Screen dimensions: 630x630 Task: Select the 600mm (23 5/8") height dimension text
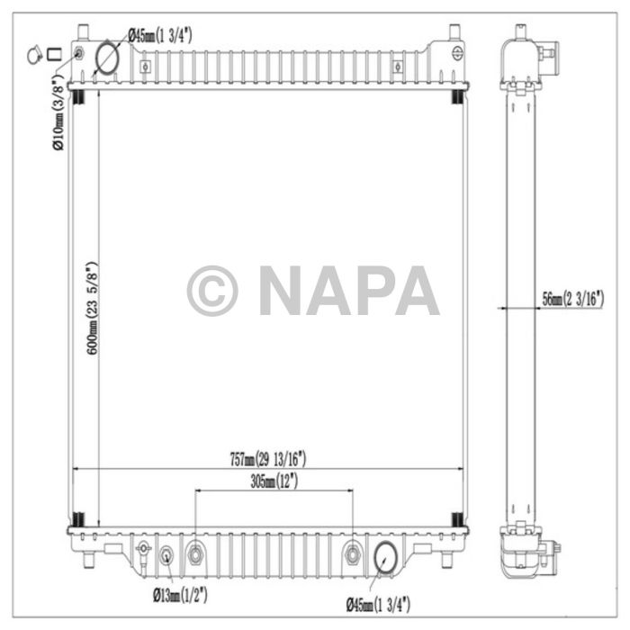coord(91,309)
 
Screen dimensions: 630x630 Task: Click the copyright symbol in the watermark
coord(212,291)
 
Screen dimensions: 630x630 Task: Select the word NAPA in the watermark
coord(348,291)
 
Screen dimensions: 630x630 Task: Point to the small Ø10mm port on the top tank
coord(78,55)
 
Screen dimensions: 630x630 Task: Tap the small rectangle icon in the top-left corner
coord(55,55)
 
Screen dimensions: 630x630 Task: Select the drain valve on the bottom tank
coord(142,551)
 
